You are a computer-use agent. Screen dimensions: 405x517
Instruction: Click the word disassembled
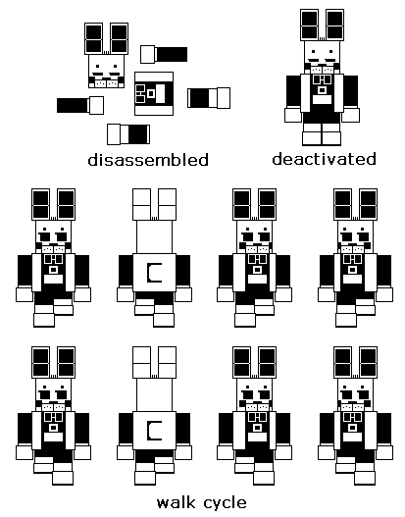[148, 160]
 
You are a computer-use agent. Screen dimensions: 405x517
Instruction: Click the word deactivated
[324, 159]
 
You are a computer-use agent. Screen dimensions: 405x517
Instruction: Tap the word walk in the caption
[176, 503]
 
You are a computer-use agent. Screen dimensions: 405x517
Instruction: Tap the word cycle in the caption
[226, 503]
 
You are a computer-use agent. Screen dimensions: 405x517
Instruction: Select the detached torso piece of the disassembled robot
[154, 93]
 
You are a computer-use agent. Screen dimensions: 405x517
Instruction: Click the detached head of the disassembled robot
[106, 55]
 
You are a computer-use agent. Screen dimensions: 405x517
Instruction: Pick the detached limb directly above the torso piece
[164, 54]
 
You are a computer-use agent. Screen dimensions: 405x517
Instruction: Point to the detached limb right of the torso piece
[209, 97]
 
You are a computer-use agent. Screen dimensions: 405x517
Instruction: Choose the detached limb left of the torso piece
[80, 106]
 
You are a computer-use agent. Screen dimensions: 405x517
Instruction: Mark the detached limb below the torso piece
[128, 134]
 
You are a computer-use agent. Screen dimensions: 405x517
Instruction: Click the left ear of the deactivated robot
[309, 25]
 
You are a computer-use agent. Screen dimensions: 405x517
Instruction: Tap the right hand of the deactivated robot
[351, 115]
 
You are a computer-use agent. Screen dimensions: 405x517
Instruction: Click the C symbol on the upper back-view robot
[154, 273]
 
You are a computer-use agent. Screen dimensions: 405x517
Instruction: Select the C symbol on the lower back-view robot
[154, 431]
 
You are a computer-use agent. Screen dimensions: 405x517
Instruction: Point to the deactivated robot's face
[322, 57]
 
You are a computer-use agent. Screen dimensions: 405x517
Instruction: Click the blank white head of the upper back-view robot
[154, 237]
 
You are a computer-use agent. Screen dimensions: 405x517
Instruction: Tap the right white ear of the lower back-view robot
[167, 362]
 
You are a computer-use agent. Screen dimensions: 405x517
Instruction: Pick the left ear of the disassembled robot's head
[93, 38]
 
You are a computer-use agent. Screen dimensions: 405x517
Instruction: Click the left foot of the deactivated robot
[312, 138]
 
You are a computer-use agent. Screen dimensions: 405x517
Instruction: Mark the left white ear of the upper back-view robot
[141, 204]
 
